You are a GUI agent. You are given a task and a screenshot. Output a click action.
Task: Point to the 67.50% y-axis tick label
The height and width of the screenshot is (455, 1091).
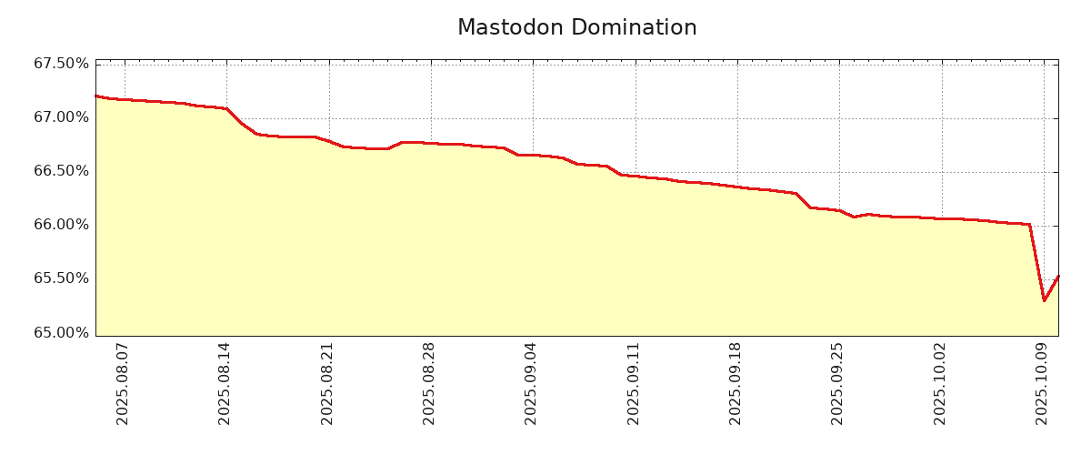pos(61,64)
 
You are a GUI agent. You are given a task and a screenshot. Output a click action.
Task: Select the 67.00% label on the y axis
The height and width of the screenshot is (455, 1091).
pos(61,117)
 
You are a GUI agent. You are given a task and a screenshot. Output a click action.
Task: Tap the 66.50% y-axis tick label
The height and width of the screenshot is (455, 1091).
pos(61,171)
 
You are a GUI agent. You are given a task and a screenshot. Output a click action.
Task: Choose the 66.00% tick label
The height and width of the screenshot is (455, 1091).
pos(61,225)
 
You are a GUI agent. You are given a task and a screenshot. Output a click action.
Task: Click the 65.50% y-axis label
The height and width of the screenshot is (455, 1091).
pos(61,278)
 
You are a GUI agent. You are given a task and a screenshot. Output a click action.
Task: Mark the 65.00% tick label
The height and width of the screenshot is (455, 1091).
pos(61,332)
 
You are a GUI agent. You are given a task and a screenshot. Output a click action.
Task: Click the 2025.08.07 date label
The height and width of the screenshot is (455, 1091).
pos(124,383)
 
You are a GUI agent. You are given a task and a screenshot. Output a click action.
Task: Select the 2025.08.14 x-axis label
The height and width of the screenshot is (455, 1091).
pos(225,383)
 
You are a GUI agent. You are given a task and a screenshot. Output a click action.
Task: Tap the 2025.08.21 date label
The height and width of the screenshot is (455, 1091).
pos(328,383)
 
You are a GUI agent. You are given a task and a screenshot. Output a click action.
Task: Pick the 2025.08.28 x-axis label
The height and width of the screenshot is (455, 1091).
pos(430,383)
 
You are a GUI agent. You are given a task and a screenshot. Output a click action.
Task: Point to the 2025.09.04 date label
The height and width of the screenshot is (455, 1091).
pos(532,383)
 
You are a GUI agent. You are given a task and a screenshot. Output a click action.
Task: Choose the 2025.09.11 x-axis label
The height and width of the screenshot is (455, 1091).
pos(635,383)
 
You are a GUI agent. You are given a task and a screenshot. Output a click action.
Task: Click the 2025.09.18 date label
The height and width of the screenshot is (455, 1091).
pos(736,383)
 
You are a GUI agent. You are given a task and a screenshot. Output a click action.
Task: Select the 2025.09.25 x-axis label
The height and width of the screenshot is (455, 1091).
pos(838,383)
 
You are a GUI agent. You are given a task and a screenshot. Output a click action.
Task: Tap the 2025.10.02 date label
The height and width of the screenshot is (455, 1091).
pos(941,383)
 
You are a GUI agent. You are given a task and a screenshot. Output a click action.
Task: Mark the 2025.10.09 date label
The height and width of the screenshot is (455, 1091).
pos(1043,383)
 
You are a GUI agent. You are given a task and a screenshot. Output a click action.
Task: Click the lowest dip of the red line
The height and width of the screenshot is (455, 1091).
pos(1044,300)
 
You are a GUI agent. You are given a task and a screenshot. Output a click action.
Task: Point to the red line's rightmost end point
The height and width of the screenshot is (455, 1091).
pos(1058,276)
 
